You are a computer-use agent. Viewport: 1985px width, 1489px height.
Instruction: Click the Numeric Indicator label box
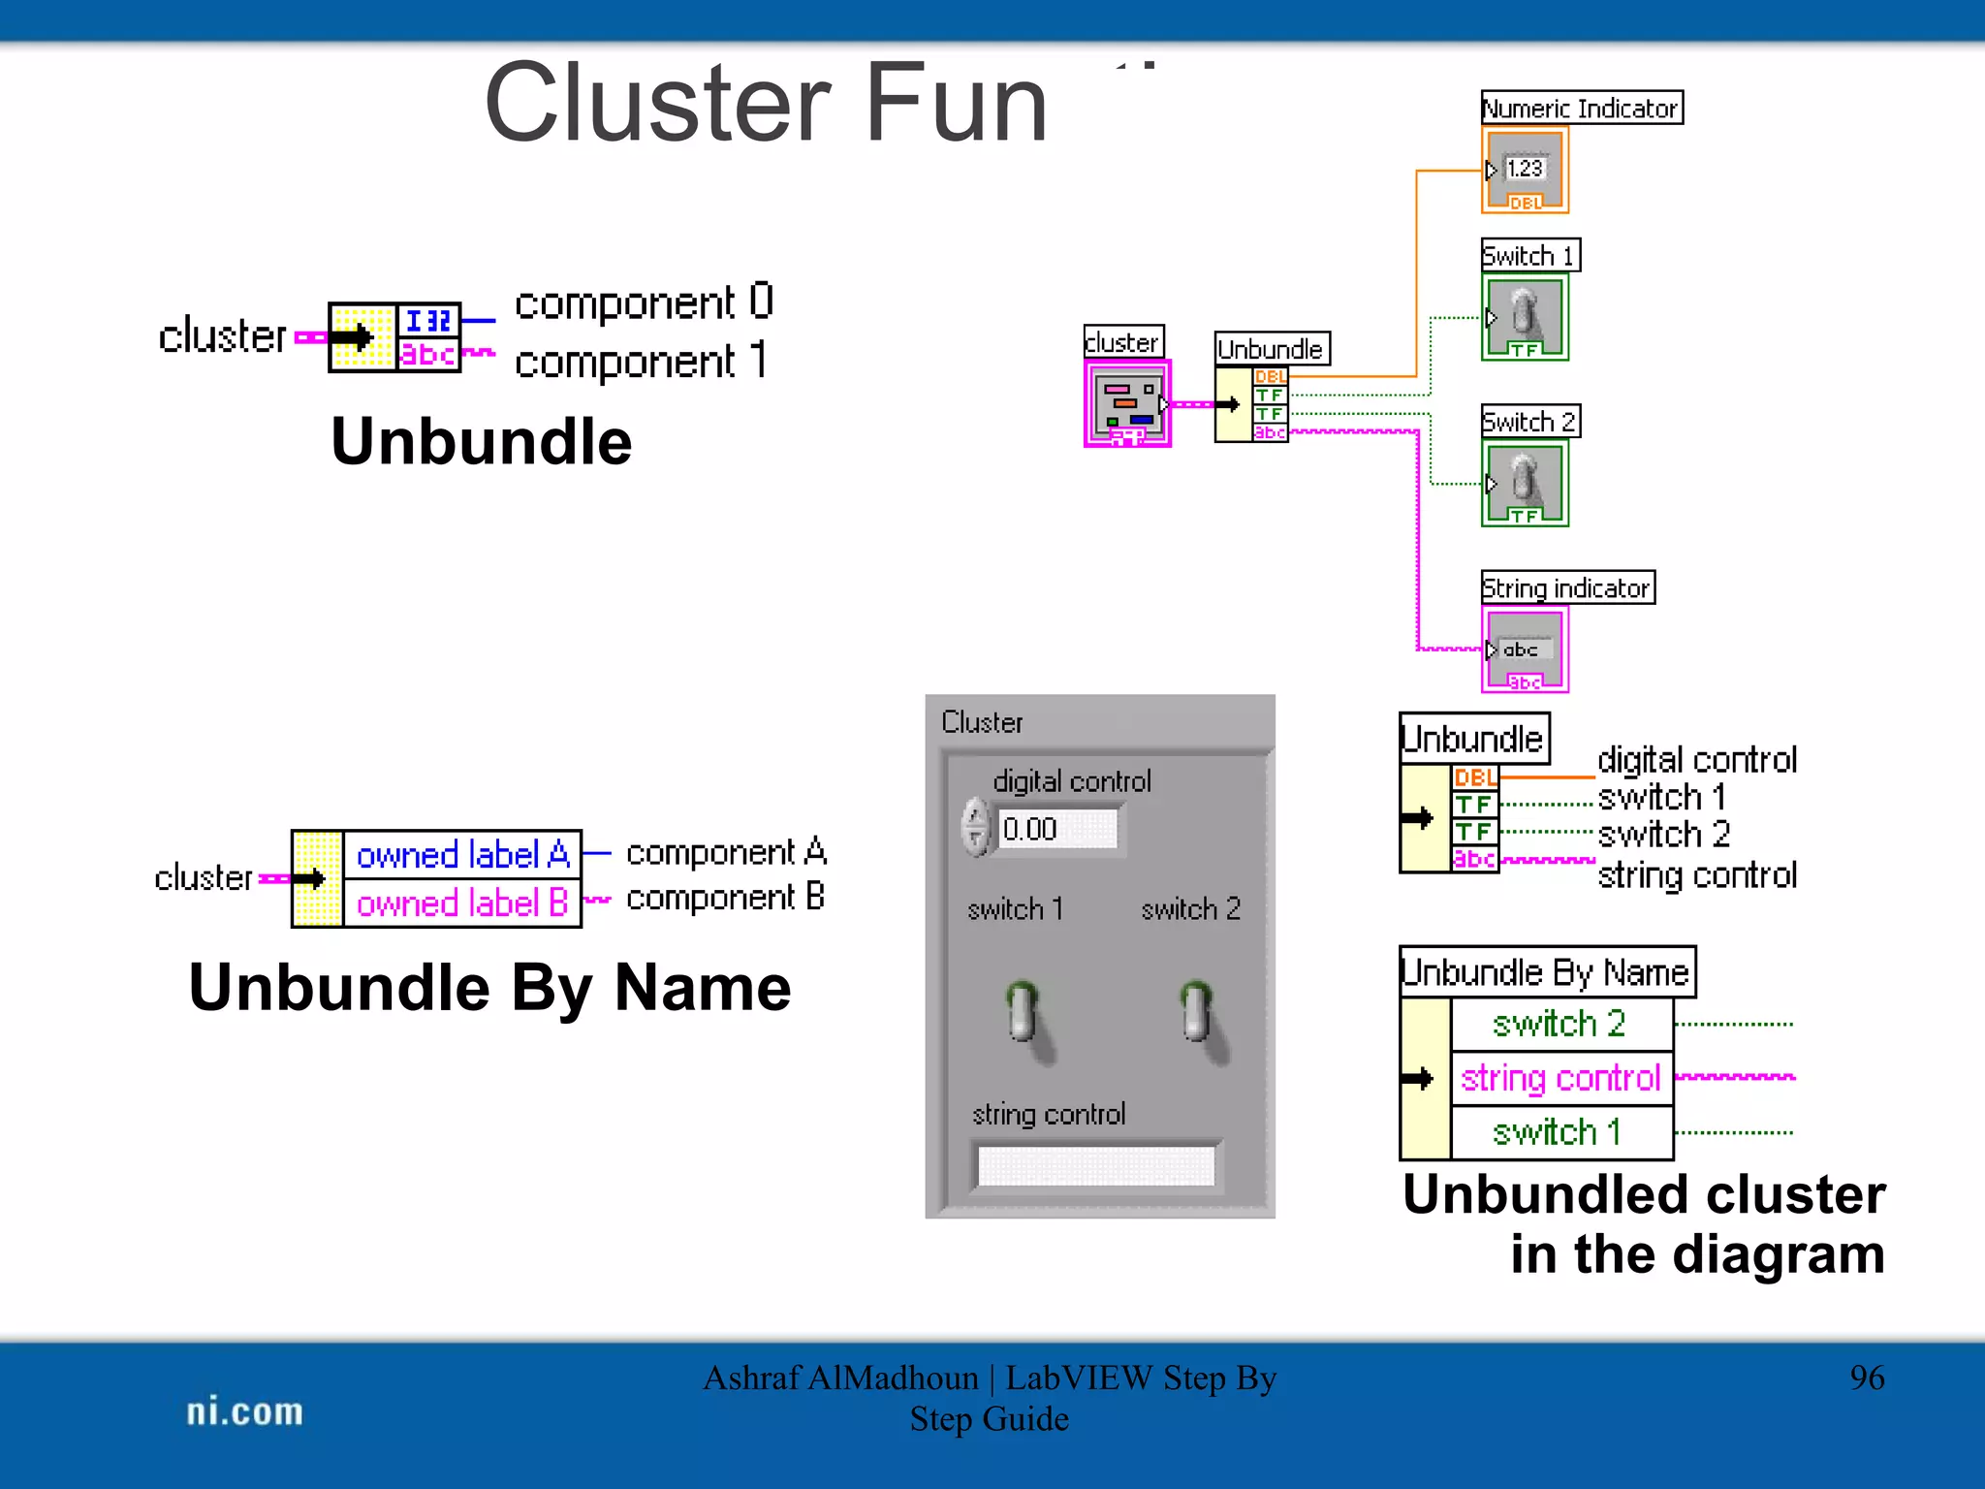coord(1581,108)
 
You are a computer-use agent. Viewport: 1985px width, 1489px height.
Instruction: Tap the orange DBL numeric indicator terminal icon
coord(1525,172)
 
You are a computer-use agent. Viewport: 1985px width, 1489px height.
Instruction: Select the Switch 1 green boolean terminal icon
coord(1525,318)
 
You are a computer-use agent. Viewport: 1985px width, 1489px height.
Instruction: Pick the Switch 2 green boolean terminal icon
coord(1525,484)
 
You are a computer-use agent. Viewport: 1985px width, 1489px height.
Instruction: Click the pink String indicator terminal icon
coord(1525,649)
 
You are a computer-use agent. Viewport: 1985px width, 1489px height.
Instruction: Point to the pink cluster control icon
coord(1127,403)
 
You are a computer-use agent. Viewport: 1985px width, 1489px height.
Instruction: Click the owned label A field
coord(462,855)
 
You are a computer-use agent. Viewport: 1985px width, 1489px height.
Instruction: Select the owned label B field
coord(462,903)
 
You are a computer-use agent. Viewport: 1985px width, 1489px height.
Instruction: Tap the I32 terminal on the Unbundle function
coord(428,321)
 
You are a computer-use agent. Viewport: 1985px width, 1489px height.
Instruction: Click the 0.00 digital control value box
coord(1056,830)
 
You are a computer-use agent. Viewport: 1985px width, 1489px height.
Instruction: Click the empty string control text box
coord(1096,1165)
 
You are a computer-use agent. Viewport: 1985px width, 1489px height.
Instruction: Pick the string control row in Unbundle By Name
coord(1560,1078)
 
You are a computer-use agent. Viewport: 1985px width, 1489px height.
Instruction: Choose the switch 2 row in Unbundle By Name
coord(1560,1024)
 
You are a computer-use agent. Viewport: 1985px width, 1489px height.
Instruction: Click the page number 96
coord(1867,1378)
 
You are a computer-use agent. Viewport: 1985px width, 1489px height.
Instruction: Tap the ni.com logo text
coord(244,1411)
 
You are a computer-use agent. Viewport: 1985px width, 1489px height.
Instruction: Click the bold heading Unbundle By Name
coord(489,988)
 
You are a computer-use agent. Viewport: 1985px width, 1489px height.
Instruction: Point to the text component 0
coord(644,303)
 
